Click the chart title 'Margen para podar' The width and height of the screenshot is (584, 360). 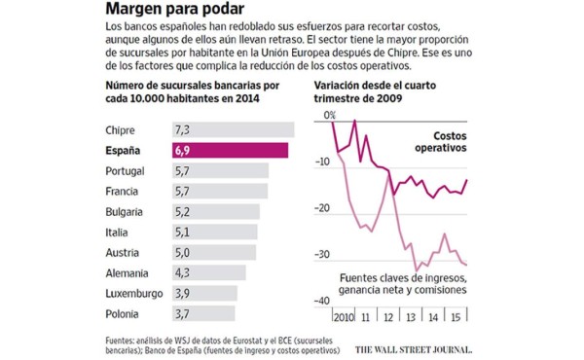pos(171,12)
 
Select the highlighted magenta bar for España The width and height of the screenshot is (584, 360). pos(230,151)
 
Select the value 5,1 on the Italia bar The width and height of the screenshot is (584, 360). pos(183,233)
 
